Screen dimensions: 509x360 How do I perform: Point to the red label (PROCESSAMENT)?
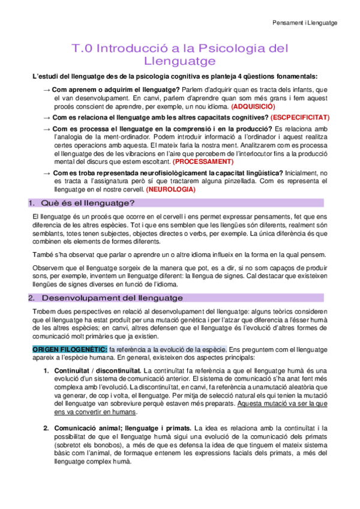tap(203, 161)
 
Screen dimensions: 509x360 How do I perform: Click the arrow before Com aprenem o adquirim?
tap(47, 89)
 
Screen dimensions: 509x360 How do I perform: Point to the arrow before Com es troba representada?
tap(47, 173)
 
